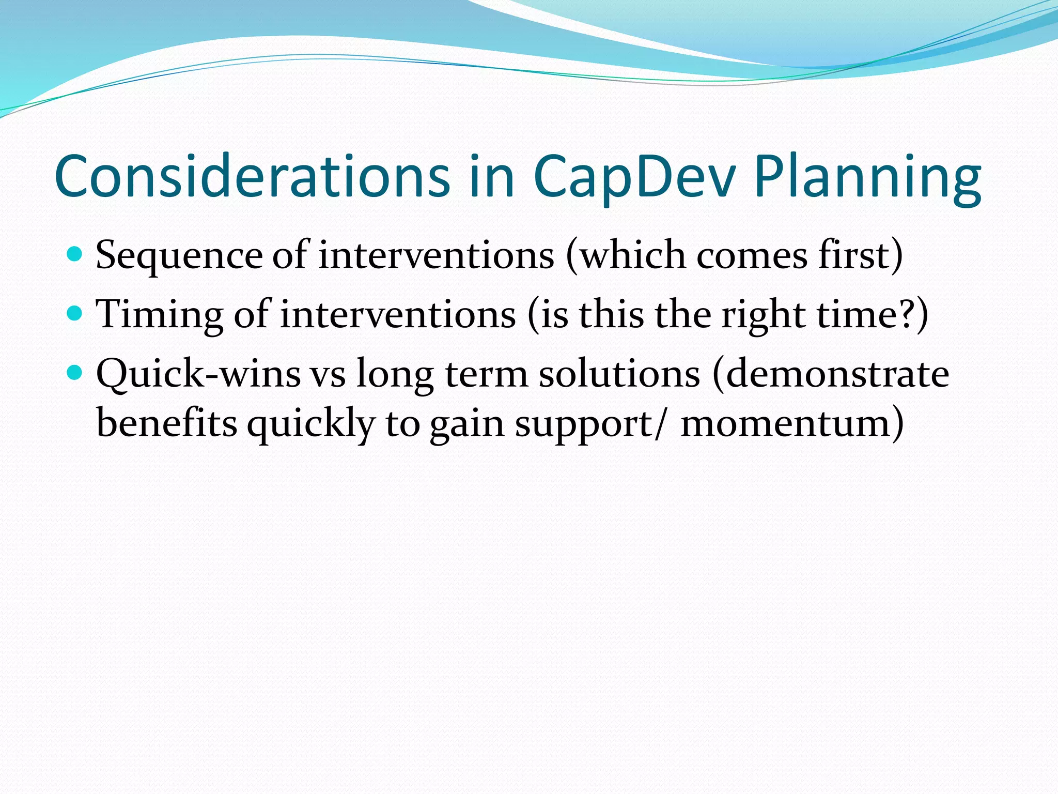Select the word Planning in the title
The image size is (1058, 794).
[x=867, y=177]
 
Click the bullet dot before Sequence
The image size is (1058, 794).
[x=75, y=254]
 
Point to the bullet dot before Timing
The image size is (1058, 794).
[x=75, y=313]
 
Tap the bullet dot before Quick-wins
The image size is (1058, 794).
[x=75, y=372]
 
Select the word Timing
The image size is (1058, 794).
[x=160, y=315]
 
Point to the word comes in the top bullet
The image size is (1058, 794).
[x=752, y=256]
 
